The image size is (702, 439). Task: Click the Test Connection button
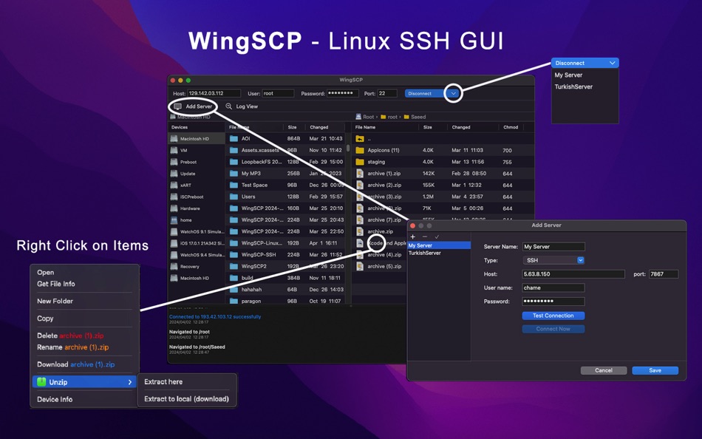pos(553,316)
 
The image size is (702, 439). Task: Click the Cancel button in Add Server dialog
pos(603,370)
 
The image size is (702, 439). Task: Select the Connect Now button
pos(553,329)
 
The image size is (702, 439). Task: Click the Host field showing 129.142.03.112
pos(214,94)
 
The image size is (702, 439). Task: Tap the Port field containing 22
pos(387,94)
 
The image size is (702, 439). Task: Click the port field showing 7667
pos(663,274)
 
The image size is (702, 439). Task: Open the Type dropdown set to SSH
pos(553,260)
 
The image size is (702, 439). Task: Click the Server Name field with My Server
pos(553,247)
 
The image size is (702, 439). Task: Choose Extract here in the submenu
pos(163,382)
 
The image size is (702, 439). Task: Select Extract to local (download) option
pos(186,399)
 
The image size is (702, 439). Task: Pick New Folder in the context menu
pos(55,302)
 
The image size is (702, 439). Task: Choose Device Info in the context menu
pos(55,400)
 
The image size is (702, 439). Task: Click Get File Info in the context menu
pos(56,284)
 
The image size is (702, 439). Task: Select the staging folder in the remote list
pos(376,162)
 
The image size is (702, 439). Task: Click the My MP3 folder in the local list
pos(251,174)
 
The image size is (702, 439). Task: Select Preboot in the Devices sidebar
pos(188,162)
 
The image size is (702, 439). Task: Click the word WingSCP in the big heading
pos(245,41)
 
